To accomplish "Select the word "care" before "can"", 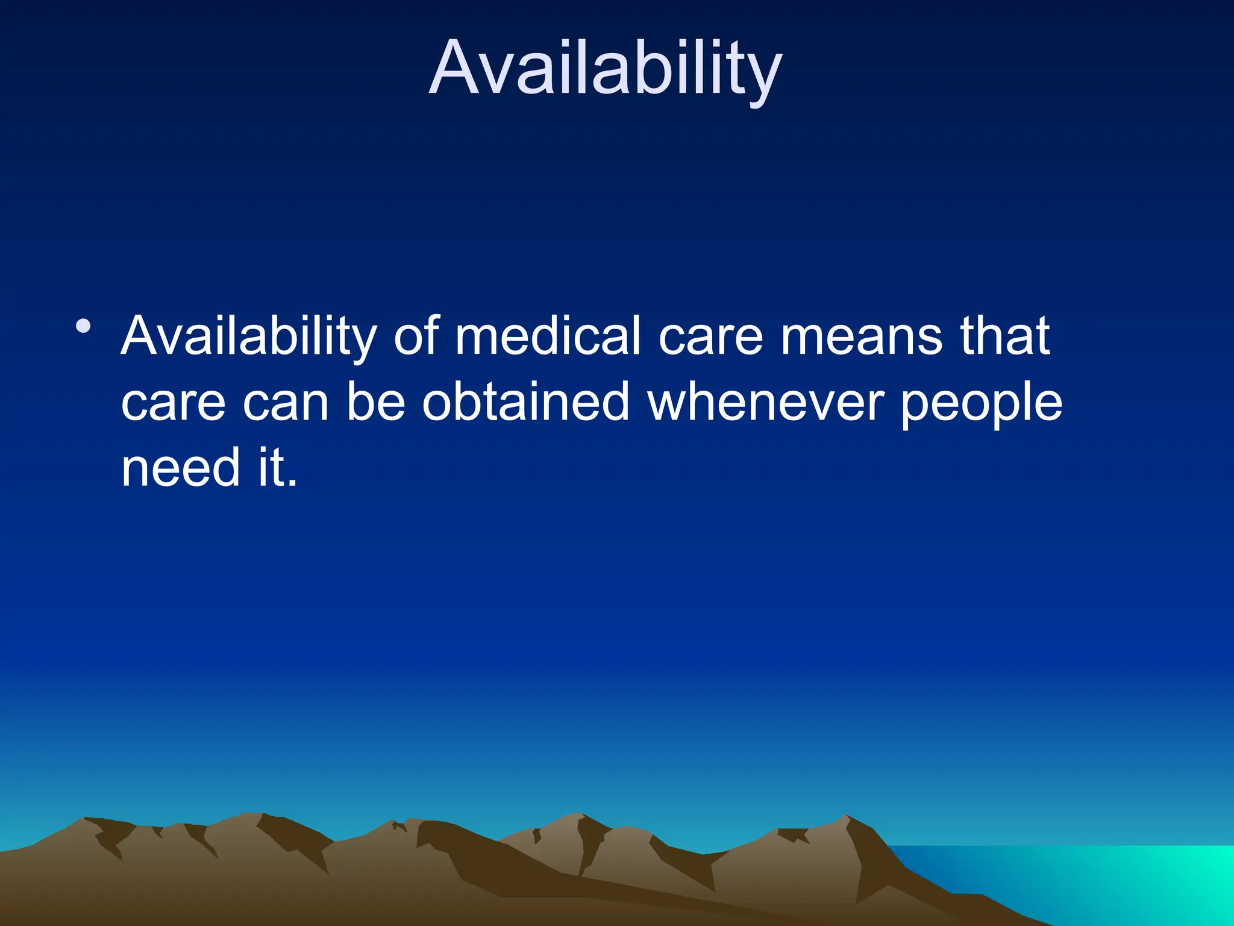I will tap(173, 403).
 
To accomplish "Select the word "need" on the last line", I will tap(180, 468).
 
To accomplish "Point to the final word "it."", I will tap(278, 468).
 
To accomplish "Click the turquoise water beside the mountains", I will tap(1115, 880).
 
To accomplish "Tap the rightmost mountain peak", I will tap(847, 819).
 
